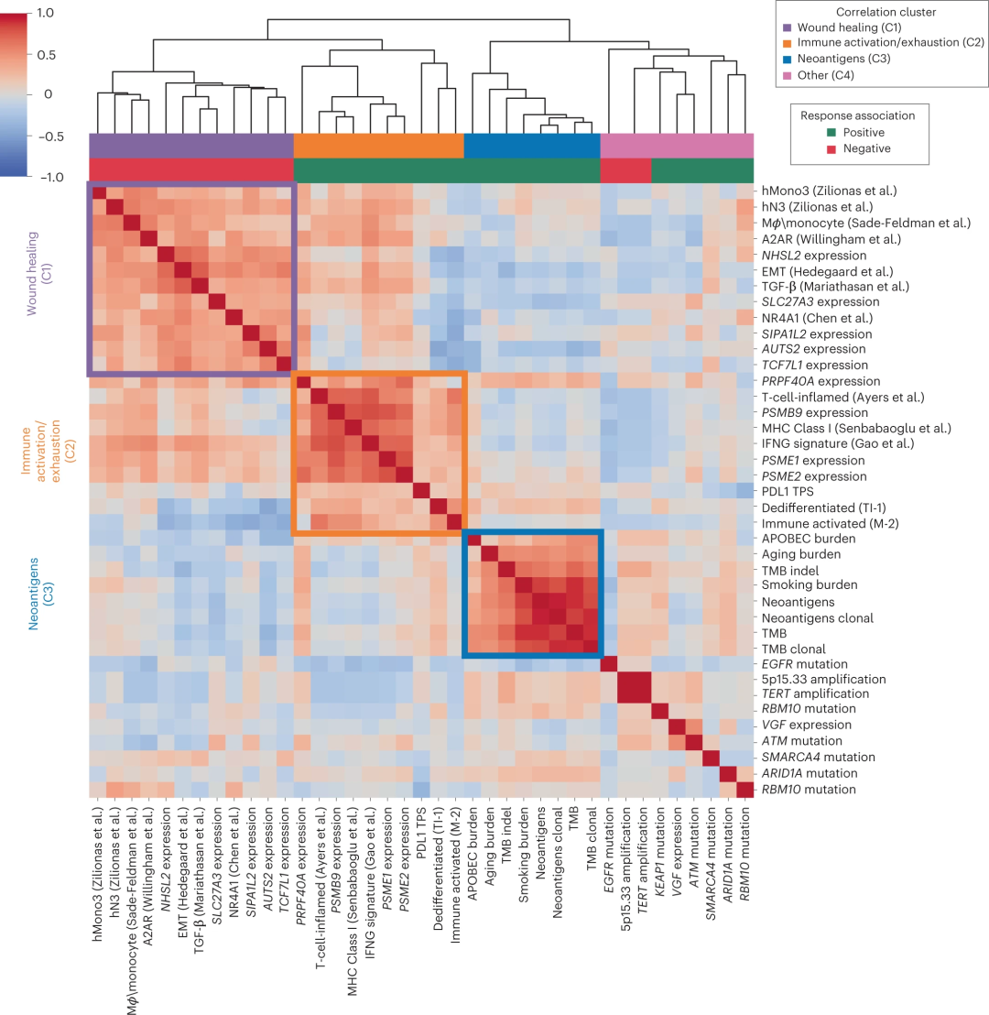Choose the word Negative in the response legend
tap(867, 148)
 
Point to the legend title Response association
tap(857, 115)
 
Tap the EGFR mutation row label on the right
tap(810, 662)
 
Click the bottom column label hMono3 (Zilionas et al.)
tap(97, 893)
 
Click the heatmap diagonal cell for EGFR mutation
tap(609, 664)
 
